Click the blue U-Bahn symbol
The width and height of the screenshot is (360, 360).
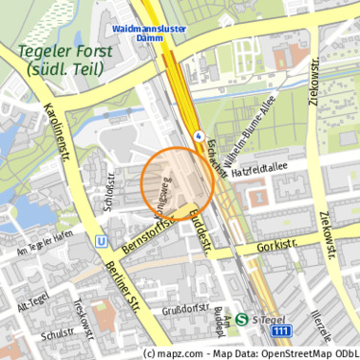coord(101,241)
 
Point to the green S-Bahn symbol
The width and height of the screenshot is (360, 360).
coord(242,319)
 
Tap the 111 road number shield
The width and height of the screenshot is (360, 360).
coord(281,331)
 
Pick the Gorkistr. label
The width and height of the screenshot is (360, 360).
coord(278,247)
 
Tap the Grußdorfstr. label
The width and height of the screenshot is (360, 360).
coord(185,309)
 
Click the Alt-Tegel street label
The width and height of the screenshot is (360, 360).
coord(33,306)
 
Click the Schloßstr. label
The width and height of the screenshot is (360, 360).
coord(110,199)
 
